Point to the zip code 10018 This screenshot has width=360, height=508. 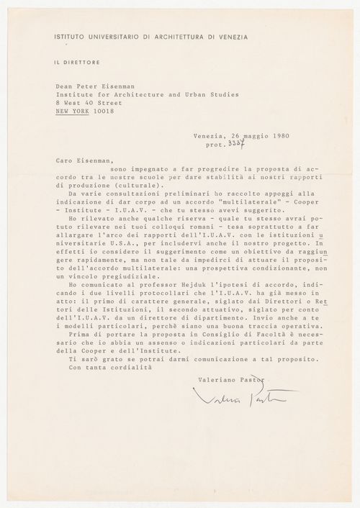click(x=109, y=112)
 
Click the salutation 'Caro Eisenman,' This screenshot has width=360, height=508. click(x=79, y=161)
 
